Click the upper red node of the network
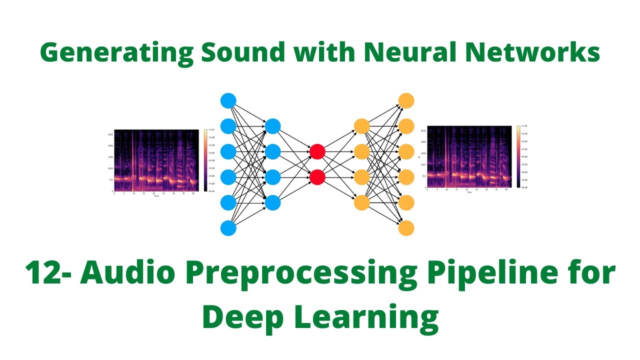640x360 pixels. pyautogui.click(x=317, y=151)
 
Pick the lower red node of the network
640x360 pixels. pyautogui.click(x=317, y=177)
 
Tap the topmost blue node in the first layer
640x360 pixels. pyautogui.click(x=228, y=100)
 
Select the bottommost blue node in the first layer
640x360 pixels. pyautogui.click(x=228, y=228)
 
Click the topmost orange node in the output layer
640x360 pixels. pyautogui.click(x=406, y=100)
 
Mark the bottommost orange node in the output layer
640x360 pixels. pyautogui.click(x=406, y=228)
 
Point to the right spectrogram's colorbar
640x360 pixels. pyautogui.click(x=518, y=156)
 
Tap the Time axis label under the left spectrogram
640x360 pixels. pyautogui.click(x=156, y=196)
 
